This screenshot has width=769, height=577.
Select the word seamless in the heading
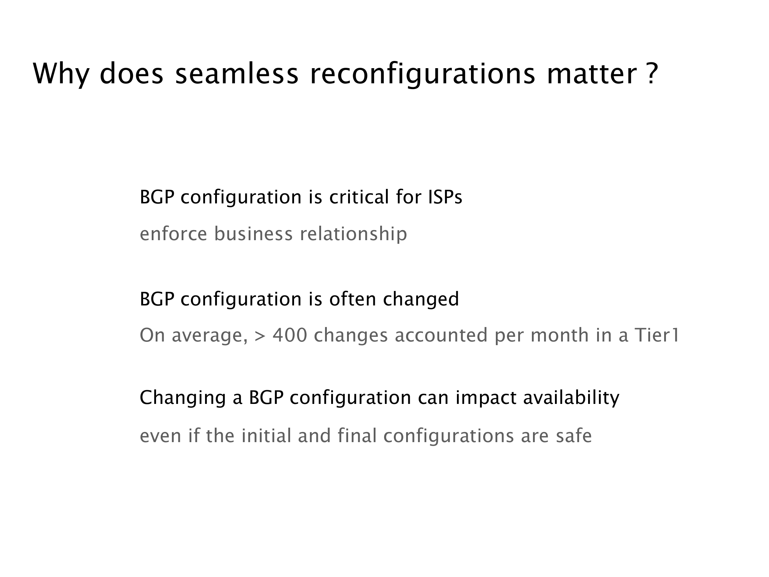[x=237, y=74]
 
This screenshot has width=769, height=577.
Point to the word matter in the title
[x=591, y=74]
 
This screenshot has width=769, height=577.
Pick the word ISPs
[x=445, y=197]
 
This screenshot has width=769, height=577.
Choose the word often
[x=352, y=299]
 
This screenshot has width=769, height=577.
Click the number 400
[x=290, y=335]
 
